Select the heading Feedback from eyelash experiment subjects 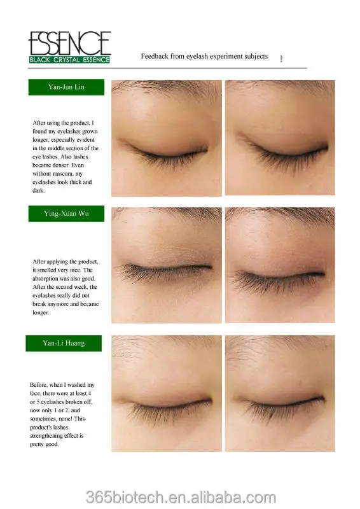pos(204,56)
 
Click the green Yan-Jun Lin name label pos(66,87)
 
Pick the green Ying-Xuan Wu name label pos(66,214)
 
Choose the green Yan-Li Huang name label pos(64,344)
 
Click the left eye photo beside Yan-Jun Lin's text pos(167,137)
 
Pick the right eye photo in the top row pos(280,137)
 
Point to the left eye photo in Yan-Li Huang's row pos(167,393)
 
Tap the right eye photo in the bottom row pos(280,393)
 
